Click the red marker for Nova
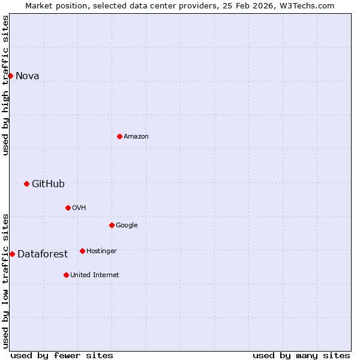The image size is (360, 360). pyautogui.click(x=10, y=76)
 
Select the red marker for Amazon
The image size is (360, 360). pyautogui.click(x=119, y=136)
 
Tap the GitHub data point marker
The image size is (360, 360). pyautogui.click(x=26, y=184)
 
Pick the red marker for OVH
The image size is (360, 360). pyautogui.click(x=68, y=208)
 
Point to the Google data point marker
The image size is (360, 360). pyautogui.click(x=112, y=225)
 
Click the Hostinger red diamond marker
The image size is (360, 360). pyautogui.click(x=82, y=251)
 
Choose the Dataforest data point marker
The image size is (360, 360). pyautogui.click(x=12, y=254)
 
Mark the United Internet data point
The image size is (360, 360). pyautogui.click(x=66, y=275)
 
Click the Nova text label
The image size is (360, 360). pyautogui.click(x=27, y=76)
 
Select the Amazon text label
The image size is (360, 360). pyautogui.click(x=136, y=136)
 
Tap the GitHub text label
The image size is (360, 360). pyautogui.click(x=48, y=184)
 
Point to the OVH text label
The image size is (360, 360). pyautogui.click(x=79, y=208)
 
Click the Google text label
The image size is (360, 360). pyautogui.click(x=127, y=225)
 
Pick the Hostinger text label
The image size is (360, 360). pyautogui.click(x=101, y=251)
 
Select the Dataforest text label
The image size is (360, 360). pyautogui.click(x=43, y=254)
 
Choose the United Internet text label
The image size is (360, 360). pyautogui.click(x=94, y=275)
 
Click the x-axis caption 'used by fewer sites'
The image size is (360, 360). pyautogui.click(x=62, y=355)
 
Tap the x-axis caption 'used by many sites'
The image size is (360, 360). pyautogui.click(x=301, y=355)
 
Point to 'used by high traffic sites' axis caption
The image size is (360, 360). pyautogui.click(x=5, y=85)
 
